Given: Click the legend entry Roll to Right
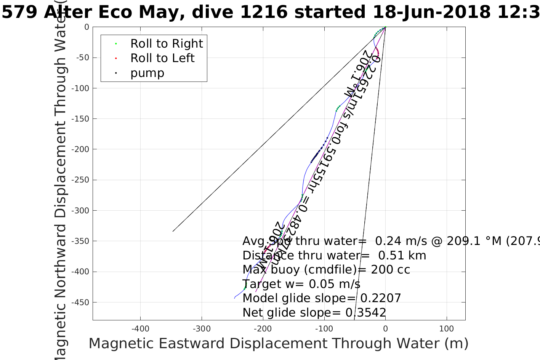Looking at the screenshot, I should pyautogui.click(x=166, y=44).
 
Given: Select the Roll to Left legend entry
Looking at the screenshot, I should pyautogui.click(x=162, y=58).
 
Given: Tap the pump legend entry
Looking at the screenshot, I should pyautogui.click(x=147, y=73).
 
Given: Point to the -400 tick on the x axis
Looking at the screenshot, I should pyautogui.click(x=140, y=329).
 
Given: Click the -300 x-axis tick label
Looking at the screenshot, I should pyautogui.click(x=202, y=329).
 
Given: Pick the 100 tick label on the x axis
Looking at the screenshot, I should pyautogui.click(x=446, y=329).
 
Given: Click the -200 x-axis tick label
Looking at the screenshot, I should pyautogui.click(x=263, y=329).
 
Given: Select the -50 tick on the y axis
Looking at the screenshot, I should pyautogui.click(x=81, y=58).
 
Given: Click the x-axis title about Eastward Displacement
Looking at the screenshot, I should pyautogui.click(x=278, y=344).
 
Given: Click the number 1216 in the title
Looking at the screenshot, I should pyautogui.click(x=264, y=12).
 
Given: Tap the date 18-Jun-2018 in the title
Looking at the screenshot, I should pyautogui.click(x=431, y=12).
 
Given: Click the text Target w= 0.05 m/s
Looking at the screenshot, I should pyautogui.click(x=301, y=284).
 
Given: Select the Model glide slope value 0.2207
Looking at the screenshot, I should pyautogui.click(x=380, y=298).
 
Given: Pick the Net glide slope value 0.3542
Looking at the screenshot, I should pyautogui.click(x=365, y=313).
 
